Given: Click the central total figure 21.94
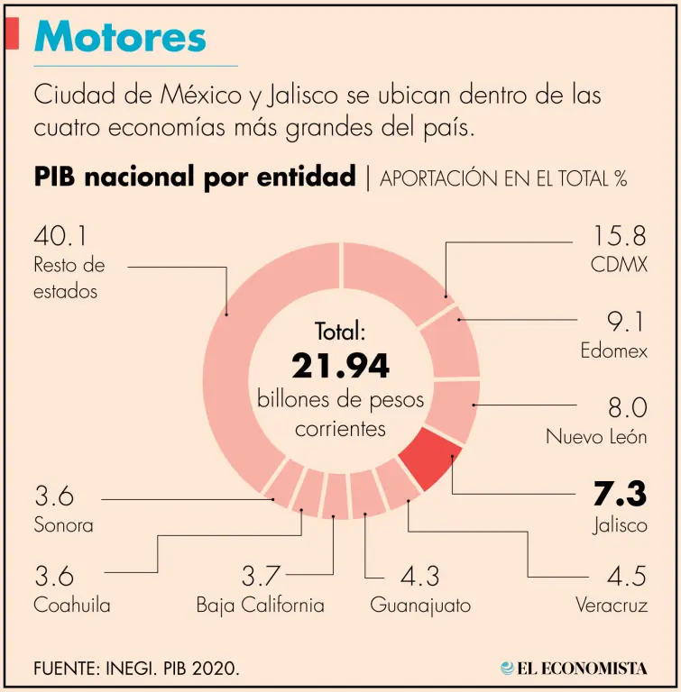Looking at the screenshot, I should pyautogui.click(x=341, y=366).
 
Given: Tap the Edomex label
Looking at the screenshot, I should pyautogui.click(x=613, y=351).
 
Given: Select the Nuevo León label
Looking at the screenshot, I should pyautogui.click(x=596, y=437).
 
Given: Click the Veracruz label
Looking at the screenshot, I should pyautogui.click(x=612, y=605).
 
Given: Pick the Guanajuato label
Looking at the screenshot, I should pyautogui.click(x=420, y=605).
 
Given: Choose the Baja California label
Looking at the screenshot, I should pyautogui.click(x=260, y=605).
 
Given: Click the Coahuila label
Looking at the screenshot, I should pyautogui.click(x=72, y=605).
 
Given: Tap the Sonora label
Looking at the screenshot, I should pyautogui.click(x=63, y=524).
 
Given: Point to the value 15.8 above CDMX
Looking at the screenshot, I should pyautogui.click(x=620, y=236).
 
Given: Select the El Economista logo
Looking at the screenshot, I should pyautogui.click(x=575, y=668).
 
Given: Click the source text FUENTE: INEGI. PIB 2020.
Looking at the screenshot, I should pyautogui.click(x=137, y=669).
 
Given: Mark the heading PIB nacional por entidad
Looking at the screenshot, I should pyautogui.click(x=195, y=177).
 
